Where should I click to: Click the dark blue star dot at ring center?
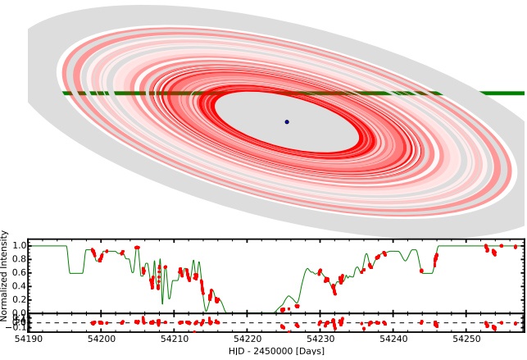(287, 121)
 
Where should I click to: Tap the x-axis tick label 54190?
(29, 339)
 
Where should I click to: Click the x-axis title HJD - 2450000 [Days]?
(276, 351)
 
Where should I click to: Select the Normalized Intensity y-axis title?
(5, 276)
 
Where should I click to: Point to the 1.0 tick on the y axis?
(18, 245)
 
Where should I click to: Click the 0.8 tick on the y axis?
(18, 259)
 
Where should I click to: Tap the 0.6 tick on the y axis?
(18, 272)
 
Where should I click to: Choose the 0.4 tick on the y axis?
(18, 286)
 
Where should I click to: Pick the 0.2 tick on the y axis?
(18, 299)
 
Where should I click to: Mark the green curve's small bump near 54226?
(288, 297)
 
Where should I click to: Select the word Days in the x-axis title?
(309, 351)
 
